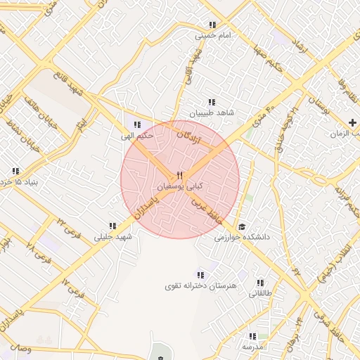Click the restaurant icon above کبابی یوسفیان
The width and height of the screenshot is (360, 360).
[x=180, y=175]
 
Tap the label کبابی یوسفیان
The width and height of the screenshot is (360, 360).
[x=180, y=186]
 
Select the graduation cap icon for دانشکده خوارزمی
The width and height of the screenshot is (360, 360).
[x=242, y=226]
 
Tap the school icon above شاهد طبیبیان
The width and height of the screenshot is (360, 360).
[x=211, y=102]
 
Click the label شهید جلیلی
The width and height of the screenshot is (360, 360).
[x=110, y=237]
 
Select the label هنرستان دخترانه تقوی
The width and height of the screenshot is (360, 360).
[x=201, y=286]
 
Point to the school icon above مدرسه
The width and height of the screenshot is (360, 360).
[x=252, y=337]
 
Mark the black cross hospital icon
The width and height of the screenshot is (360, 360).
[x=352, y=123]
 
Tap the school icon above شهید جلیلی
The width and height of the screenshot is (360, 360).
[x=112, y=226]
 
